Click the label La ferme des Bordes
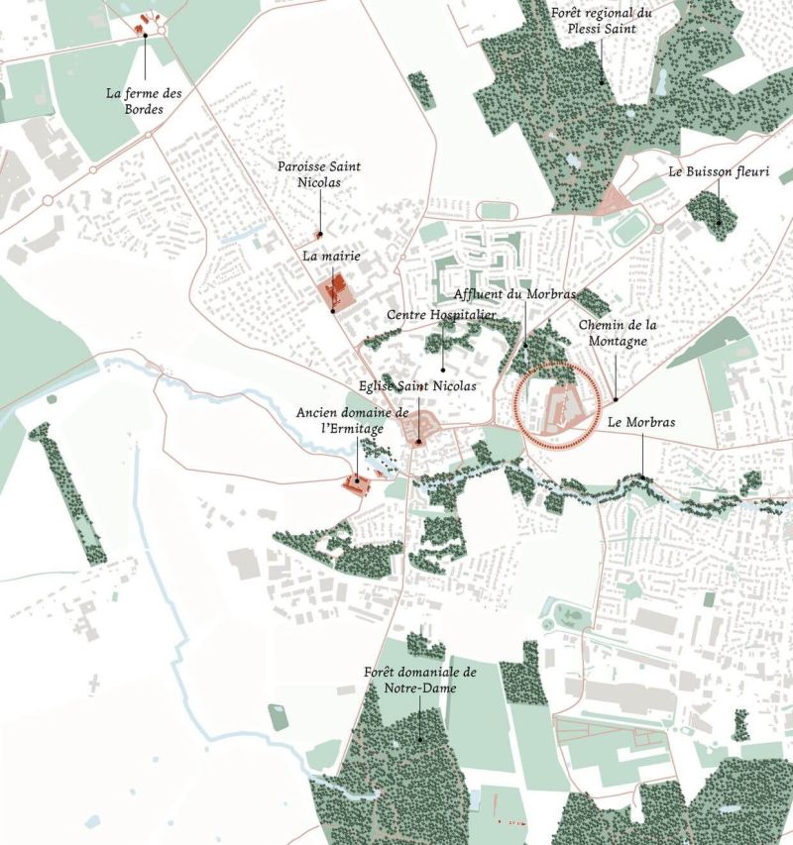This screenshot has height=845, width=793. tap(145, 101)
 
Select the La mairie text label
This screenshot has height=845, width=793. tap(331, 256)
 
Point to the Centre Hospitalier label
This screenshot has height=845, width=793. tap(441, 314)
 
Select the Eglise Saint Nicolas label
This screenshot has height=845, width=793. tap(417, 385)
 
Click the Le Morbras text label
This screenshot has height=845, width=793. tap(641, 422)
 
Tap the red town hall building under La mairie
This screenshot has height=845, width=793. tap(335, 293)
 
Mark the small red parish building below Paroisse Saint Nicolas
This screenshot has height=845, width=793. tap(318, 235)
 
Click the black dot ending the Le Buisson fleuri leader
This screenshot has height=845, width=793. tap(720, 224)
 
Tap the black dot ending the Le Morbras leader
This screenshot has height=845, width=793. tap(641, 478)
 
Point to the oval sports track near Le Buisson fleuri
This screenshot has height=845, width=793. tap(626, 230)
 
